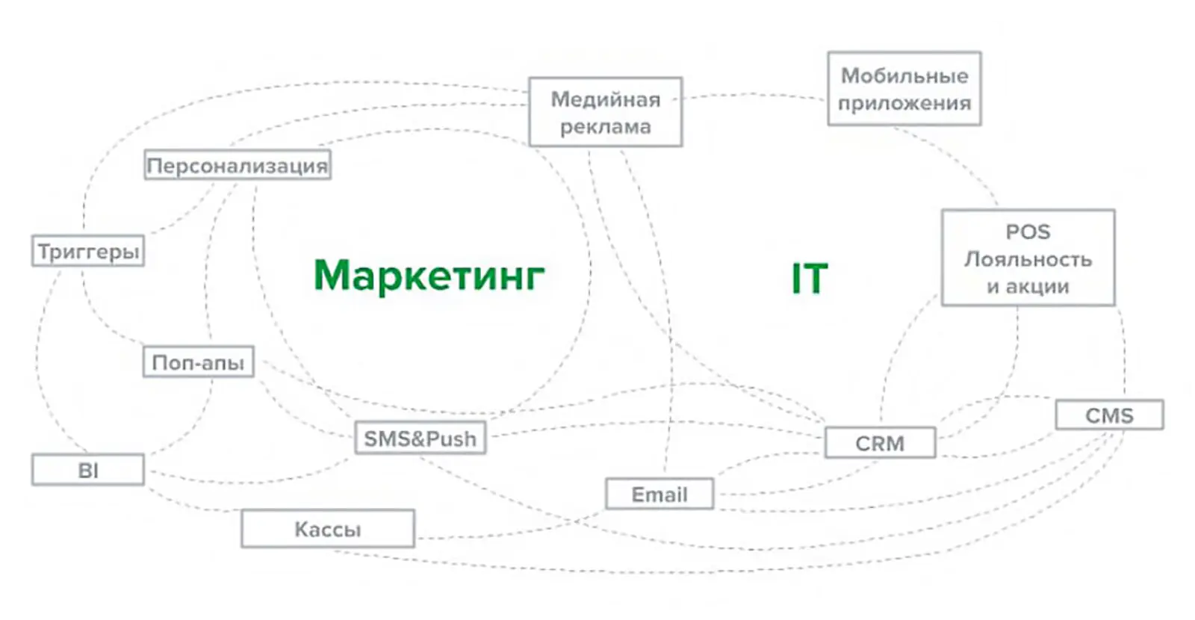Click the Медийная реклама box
click(605, 112)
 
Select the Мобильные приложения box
click(904, 89)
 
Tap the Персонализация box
click(238, 165)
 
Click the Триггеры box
click(88, 251)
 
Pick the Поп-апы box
click(198, 362)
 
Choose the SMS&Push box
click(420, 438)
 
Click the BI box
click(88, 471)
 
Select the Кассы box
click(327, 529)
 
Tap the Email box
click(659, 495)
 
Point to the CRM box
click(880, 443)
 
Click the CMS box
click(1109, 415)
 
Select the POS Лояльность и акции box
click(1028, 258)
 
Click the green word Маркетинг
click(429, 275)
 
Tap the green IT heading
click(810, 279)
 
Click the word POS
click(1028, 232)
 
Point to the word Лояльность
click(1028, 259)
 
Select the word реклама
click(605, 126)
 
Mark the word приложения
click(904, 103)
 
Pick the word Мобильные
click(904, 75)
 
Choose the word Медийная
click(605, 99)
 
